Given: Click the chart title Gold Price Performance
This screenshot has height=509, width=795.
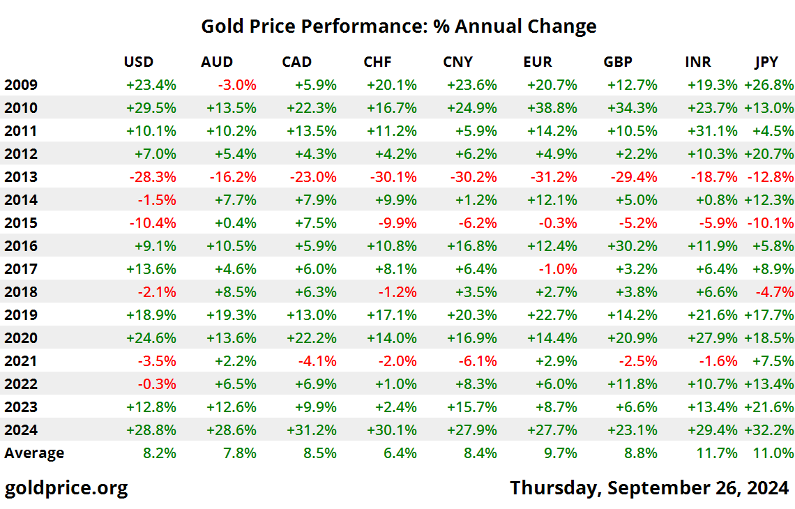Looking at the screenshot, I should [x=398, y=26].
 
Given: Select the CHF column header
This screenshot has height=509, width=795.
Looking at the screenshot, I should [x=377, y=62].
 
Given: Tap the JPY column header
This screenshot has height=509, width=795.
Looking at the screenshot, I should [x=766, y=62].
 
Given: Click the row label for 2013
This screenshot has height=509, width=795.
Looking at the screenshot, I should [x=21, y=177].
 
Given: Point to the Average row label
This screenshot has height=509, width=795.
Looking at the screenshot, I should [x=34, y=453].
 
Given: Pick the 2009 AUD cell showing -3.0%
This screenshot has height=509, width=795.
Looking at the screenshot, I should [x=237, y=85].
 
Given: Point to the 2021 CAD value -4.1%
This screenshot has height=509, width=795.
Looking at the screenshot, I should [x=316, y=361].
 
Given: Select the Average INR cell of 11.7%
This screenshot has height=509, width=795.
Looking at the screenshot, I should [x=717, y=453].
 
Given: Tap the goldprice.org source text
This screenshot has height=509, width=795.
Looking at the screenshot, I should [x=66, y=487].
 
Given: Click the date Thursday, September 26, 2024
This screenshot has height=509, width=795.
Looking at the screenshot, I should [x=649, y=487].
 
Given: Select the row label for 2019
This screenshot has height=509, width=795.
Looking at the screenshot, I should [x=21, y=315].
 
